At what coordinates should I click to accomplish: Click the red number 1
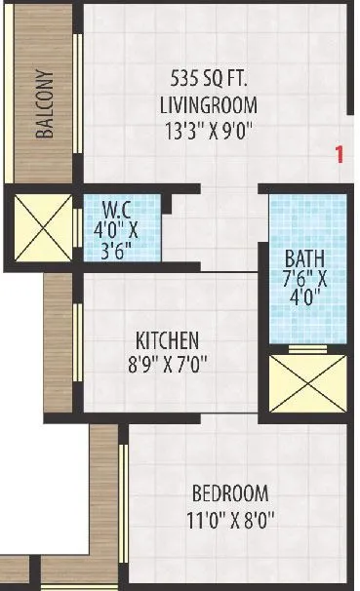pyautogui.click(x=340, y=153)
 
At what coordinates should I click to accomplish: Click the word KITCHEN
pyautogui.click(x=167, y=341)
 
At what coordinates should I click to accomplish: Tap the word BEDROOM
pyautogui.click(x=230, y=493)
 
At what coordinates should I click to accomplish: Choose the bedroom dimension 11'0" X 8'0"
pyautogui.click(x=230, y=520)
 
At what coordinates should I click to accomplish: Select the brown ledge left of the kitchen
pyautogui.click(x=59, y=341)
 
